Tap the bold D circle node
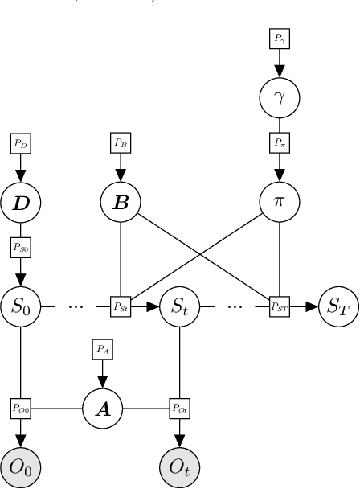(20, 201)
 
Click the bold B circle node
(121, 201)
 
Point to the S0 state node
(20, 306)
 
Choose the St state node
(178, 306)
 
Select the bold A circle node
(103, 409)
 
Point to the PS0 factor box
(20, 248)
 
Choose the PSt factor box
(121, 306)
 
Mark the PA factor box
(103, 348)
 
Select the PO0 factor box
(20, 409)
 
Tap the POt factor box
(178, 409)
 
